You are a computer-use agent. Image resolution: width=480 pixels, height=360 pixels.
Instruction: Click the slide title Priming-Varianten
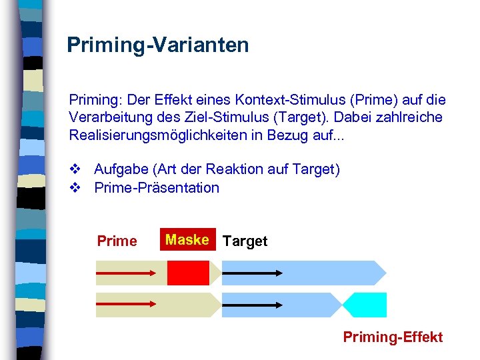pos(157,45)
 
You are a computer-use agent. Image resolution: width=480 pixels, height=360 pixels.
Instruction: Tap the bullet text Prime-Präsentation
pos(157,187)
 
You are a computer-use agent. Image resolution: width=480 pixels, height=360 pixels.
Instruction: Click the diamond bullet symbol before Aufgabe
pos(74,170)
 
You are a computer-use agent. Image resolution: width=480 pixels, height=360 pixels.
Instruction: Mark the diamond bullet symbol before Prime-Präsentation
pos(74,187)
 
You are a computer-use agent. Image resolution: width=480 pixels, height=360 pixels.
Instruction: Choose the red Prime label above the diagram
pos(117,241)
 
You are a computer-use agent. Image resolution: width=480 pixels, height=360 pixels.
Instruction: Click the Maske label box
pos(188,240)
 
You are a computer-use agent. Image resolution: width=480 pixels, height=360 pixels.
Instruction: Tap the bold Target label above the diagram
pos(245,241)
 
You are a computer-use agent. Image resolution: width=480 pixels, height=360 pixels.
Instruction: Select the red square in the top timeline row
pos(188,273)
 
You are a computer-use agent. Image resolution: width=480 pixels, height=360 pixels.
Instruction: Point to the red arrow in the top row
pos(126,273)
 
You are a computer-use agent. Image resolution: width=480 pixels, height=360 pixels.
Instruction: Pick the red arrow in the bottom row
pos(126,305)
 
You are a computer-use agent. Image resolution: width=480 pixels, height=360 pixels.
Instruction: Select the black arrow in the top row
pos(252,273)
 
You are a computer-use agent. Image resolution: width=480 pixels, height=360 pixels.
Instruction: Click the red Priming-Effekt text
pos(393,337)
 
